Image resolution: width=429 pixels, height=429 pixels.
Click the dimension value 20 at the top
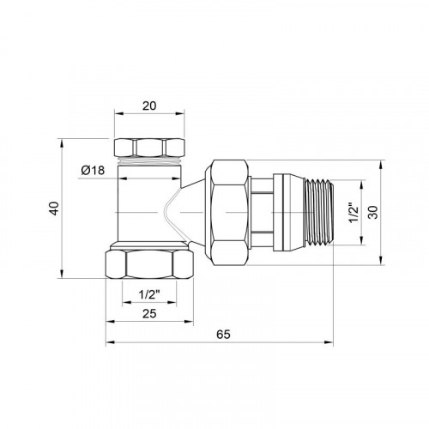[x=149, y=106]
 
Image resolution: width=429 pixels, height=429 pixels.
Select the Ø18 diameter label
[x=93, y=171]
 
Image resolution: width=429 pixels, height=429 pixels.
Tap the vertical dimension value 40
[x=54, y=208]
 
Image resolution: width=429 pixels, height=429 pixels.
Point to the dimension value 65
[x=223, y=334]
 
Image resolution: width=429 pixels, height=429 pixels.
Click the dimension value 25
[x=149, y=314]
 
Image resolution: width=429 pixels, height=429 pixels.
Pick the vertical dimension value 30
[x=373, y=212]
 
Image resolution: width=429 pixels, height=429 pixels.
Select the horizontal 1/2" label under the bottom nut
[x=149, y=294]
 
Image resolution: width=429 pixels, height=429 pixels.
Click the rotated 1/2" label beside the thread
[x=353, y=213]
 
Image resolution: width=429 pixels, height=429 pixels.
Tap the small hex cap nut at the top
[x=149, y=148]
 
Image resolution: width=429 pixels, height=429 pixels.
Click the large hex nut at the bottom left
[x=149, y=264]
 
